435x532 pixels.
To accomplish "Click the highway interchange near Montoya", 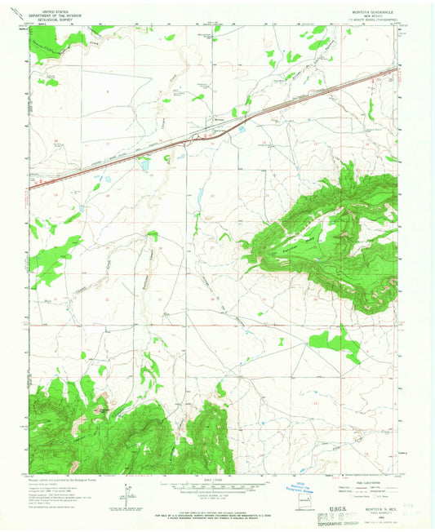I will pos(242,125).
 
